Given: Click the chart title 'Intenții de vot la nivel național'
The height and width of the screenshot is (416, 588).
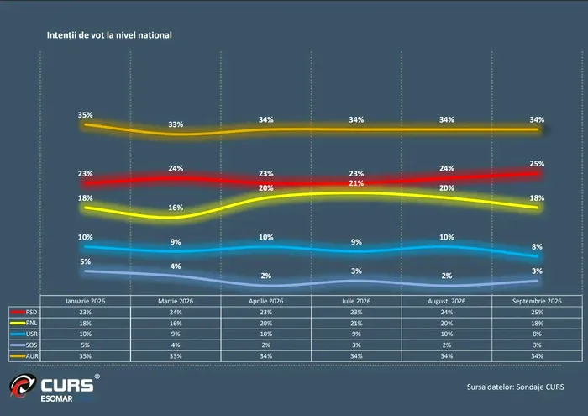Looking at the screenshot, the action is click(109, 35).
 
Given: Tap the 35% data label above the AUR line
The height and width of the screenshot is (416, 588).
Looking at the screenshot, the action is click(85, 115).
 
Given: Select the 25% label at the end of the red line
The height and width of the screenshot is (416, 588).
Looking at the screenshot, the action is click(537, 164).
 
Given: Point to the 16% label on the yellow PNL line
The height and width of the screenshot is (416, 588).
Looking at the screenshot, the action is click(176, 208).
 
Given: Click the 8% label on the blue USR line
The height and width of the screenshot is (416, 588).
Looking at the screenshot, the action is click(537, 247).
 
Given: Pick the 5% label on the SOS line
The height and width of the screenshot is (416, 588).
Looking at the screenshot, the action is click(85, 261).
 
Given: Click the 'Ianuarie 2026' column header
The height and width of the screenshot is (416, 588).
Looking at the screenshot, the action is click(85, 301).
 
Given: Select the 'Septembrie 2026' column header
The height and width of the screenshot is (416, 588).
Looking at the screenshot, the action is click(537, 301).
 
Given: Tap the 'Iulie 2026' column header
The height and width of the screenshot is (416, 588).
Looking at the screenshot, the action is click(356, 301).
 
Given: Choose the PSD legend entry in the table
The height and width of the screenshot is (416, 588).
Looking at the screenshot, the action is click(24, 312).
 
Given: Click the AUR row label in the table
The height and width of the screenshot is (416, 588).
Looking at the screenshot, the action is click(24, 356).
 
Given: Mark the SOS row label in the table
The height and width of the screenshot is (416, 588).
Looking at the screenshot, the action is click(24, 345).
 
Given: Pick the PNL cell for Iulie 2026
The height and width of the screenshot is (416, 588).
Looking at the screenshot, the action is click(356, 323).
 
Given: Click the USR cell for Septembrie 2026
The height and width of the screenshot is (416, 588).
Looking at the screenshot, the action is click(537, 334).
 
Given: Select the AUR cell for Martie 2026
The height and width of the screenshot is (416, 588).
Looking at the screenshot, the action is click(176, 356).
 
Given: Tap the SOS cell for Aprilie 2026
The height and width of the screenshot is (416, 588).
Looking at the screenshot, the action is click(266, 345).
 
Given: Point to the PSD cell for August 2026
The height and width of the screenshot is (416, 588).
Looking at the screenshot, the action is click(447, 312).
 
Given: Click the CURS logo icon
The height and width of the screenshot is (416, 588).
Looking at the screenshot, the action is click(23, 385).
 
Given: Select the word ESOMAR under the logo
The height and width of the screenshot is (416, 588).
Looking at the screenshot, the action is click(56, 398).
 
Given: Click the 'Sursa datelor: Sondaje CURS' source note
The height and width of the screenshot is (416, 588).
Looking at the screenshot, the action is click(515, 387).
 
